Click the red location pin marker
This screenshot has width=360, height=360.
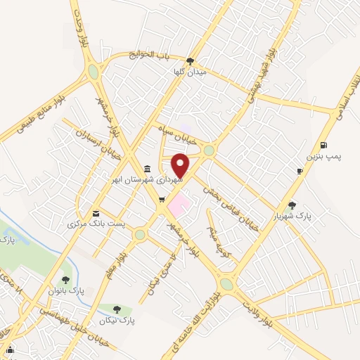click(x=181, y=165)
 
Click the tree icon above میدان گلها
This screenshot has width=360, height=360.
click(x=191, y=60)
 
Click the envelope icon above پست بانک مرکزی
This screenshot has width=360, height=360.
click(x=96, y=214)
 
